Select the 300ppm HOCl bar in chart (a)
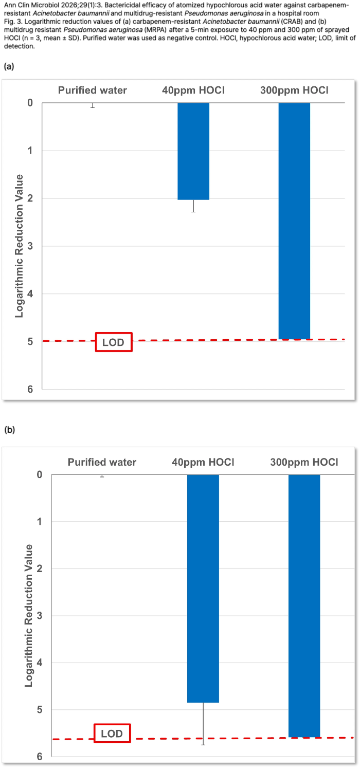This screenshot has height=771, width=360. (294, 221)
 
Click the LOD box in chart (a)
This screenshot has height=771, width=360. (114, 342)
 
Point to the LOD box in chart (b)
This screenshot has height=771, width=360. (112, 733)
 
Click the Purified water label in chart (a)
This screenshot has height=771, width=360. (93, 90)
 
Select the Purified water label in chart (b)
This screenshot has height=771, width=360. (102, 462)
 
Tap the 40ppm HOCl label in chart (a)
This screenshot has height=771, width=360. (193, 90)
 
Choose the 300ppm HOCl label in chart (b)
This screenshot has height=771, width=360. (304, 462)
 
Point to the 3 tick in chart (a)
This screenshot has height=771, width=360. (30, 246)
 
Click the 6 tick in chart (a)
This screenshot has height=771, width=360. (30, 390)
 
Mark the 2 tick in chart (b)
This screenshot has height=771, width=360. (40, 568)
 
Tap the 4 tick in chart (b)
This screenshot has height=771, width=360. (40, 663)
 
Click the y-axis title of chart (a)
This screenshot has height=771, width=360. (19, 246)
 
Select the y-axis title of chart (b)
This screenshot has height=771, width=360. (29, 615)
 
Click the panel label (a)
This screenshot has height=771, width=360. (8, 66)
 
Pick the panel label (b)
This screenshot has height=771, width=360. (9, 430)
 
